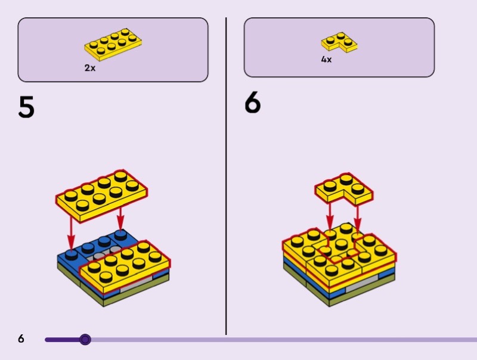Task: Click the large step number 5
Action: tap(26, 107)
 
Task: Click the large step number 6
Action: tap(252, 102)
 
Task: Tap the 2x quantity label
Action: tap(90, 68)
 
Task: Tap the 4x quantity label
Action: tap(326, 59)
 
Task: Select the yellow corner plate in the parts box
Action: tap(339, 42)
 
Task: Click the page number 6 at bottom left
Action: tap(21, 339)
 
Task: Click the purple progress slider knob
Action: tap(85, 339)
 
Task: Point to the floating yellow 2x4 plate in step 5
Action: tap(101, 195)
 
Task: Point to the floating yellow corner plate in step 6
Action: tap(344, 189)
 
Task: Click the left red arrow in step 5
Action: tap(71, 232)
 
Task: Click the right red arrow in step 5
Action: tap(121, 218)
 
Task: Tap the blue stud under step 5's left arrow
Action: tap(71, 255)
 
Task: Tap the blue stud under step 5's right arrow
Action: tap(121, 235)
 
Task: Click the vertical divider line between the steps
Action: tap(226, 176)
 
